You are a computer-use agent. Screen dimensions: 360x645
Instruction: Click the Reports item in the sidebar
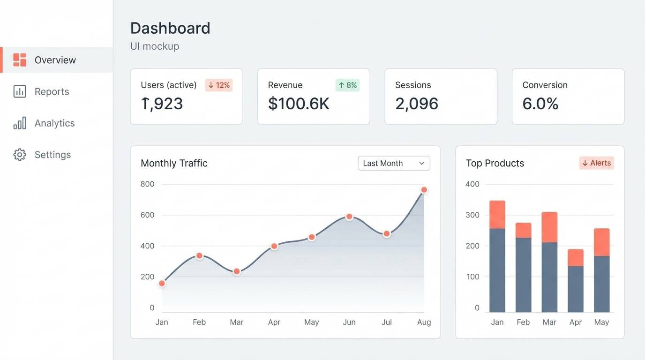click(x=52, y=91)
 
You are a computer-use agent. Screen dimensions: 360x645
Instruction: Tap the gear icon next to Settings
click(x=20, y=155)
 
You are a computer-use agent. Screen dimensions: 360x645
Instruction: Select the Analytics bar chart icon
click(x=20, y=123)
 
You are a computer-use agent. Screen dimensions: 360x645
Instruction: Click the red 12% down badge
click(x=219, y=85)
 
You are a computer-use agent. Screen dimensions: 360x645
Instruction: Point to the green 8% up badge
click(x=347, y=85)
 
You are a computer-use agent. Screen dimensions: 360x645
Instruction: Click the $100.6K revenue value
click(x=299, y=104)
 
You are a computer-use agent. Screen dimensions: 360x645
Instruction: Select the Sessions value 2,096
click(x=416, y=104)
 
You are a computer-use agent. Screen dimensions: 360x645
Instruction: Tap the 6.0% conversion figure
click(x=540, y=104)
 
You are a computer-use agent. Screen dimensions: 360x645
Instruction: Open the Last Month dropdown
click(x=394, y=163)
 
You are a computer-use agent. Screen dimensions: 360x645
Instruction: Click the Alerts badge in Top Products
click(x=596, y=163)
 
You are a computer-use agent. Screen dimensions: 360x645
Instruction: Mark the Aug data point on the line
click(x=424, y=190)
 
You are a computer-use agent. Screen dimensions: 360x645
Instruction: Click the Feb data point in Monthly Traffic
click(x=199, y=256)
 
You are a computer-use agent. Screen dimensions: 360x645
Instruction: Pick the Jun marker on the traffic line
click(x=349, y=217)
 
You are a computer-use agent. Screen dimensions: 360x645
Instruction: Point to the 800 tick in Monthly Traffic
click(x=147, y=184)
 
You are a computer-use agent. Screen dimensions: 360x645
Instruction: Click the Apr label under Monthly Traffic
click(x=274, y=322)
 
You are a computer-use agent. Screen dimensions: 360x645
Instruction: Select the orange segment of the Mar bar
click(x=549, y=227)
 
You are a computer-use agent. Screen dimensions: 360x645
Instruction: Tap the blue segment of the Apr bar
click(x=576, y=289)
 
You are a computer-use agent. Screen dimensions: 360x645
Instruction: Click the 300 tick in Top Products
click(x=472, y=215)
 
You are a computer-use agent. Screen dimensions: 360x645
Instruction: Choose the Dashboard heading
click(x=170, y=28)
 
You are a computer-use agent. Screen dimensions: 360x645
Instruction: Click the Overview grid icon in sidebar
click(x=20, y=60)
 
